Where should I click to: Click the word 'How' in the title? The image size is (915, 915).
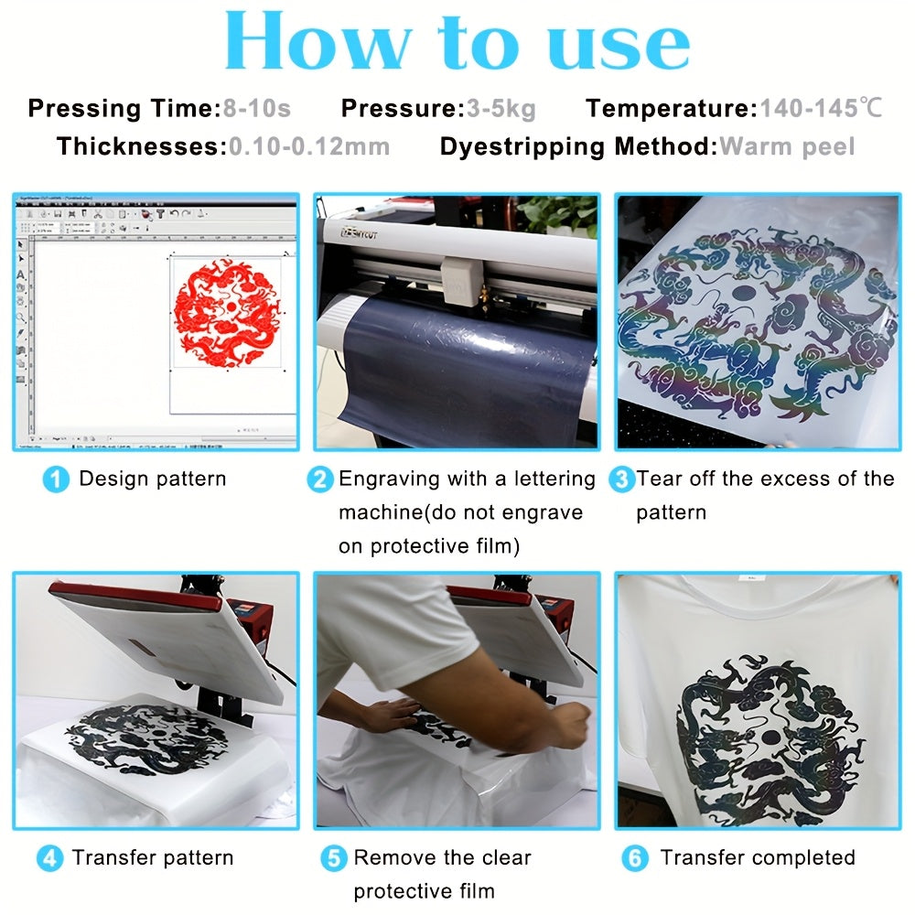pos(318,42)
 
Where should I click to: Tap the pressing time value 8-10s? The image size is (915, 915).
pos(257,109)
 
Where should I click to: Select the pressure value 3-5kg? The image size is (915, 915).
pos(501,109)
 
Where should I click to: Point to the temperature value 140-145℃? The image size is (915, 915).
pos(821,109)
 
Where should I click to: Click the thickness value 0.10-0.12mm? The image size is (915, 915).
pos(309,146)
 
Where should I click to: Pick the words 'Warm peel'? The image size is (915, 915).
pos(787,147)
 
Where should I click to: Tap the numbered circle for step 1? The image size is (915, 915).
pos(56,479)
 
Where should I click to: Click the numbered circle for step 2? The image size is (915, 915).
pos(320,479)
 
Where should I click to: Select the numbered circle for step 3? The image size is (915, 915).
pos(621,479)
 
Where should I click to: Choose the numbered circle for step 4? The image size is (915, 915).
pos(49,859)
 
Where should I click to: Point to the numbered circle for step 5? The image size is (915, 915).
pos(334,859)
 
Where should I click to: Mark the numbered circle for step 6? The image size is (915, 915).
pos(635,859)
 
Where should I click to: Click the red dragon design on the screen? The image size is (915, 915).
pos(228,313)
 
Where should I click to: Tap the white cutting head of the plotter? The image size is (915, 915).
pos(461,281)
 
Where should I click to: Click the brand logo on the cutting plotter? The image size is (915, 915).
pos(359,233)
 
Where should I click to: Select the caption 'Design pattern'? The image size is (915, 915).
pos(152,479)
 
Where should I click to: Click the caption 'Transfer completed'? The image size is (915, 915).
pos(758,858)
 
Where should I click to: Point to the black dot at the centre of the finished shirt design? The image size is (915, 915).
pos(770,737)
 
